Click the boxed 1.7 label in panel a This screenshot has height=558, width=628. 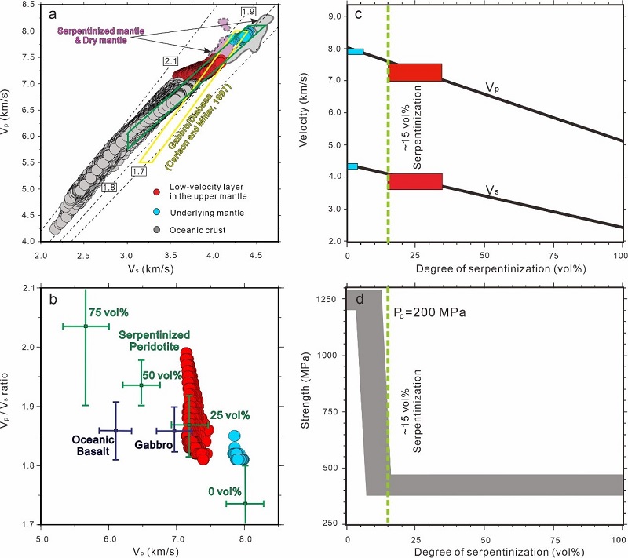click(141, 171)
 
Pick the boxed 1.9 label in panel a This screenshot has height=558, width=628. click(249, 11)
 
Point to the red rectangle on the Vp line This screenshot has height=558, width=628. click(415, 72)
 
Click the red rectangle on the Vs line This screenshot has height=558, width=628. click(415, 181)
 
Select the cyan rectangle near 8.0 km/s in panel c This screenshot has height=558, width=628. click(356, 52)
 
